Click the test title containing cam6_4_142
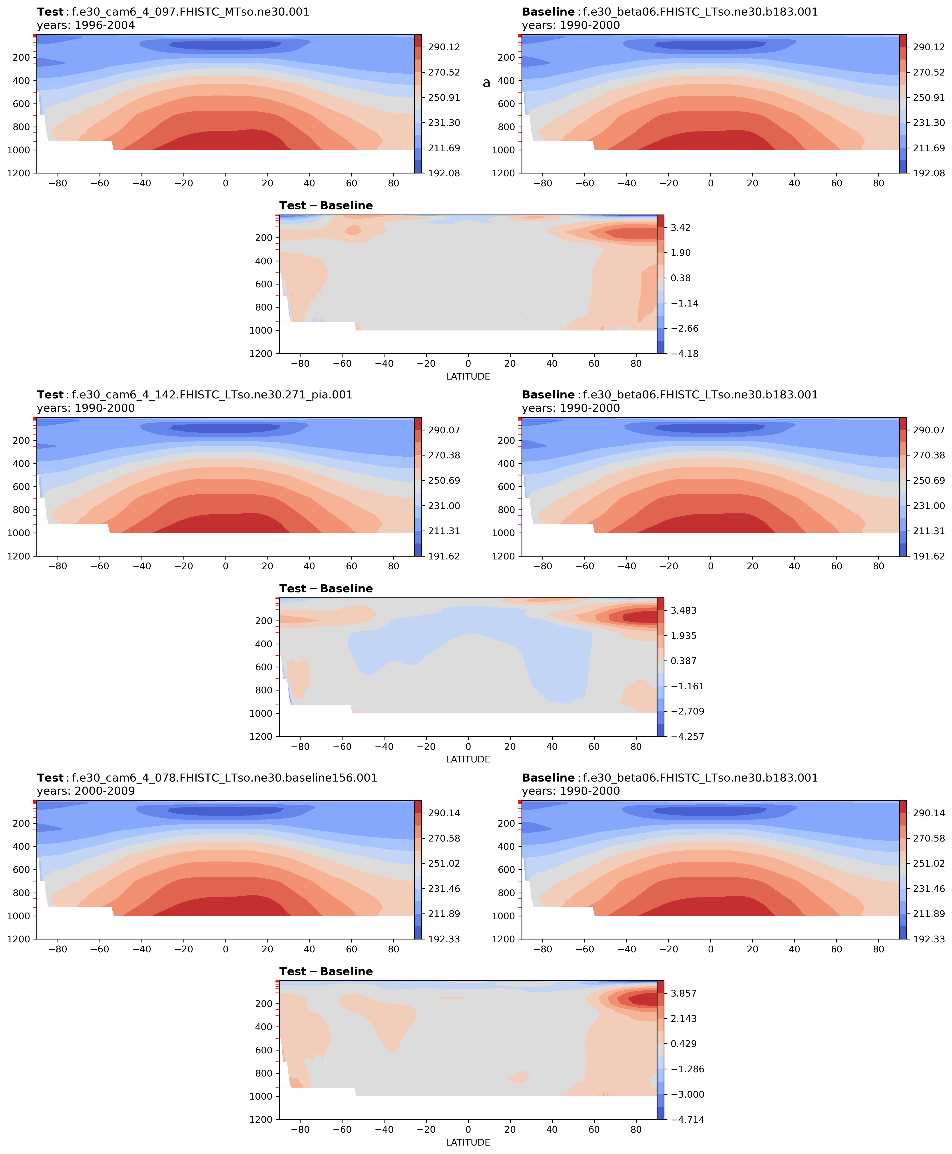point(195,395)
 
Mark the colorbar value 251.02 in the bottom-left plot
point(444,864)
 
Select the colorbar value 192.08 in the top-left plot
point(444,173)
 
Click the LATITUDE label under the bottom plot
point(468,1142)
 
